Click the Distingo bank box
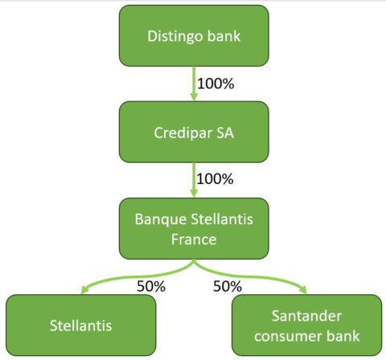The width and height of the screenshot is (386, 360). [x=194, y=35]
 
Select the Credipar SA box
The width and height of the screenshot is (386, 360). [x=194, y=132]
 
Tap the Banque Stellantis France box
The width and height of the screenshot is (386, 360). [x=194, y=228]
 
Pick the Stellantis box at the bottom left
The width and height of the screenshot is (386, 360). [x=80, y=325]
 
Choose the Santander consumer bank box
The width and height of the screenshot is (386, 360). [x=306, y=325]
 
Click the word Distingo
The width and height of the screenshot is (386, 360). [x=175, y=37]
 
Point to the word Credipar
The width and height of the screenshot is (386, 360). [x=183, y=133]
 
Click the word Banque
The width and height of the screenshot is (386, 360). [x=161, y=219]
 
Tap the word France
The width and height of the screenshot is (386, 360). [x=194, y=239]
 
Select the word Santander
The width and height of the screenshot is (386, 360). [x=306, y=316]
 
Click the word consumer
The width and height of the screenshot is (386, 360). [x=286, y=337]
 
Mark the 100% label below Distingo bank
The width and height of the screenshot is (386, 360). [x=216, y=84]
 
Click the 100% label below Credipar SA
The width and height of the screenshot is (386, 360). [x=215, y=179]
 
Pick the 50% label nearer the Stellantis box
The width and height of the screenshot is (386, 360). [x=151, y=286]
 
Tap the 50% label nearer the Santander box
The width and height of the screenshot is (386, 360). [x=228, y=286]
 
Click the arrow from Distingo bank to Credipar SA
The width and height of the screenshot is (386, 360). [x=194, y=84]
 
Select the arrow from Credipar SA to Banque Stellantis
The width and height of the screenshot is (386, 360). [x=194, y=180]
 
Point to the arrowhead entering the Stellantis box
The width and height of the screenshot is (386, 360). [x=84, y=290]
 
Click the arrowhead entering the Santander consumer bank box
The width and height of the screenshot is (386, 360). [x=303, y=290]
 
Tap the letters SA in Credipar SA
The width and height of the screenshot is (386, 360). [x=225, y=133]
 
